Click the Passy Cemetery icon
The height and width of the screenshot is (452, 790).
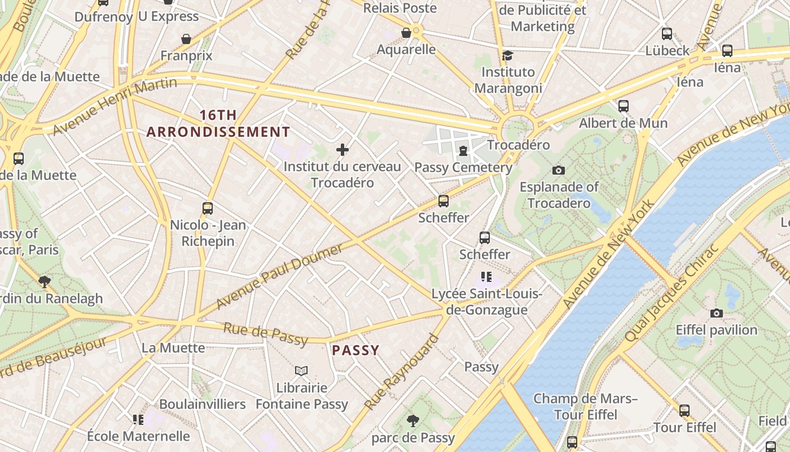pos(463,150)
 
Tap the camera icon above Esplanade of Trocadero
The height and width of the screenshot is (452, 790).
pos(559,170)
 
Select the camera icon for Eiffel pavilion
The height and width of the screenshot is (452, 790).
pos(716,313)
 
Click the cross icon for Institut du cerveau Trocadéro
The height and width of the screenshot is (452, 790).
pos(342,150)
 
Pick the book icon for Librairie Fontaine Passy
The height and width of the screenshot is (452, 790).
pos(301,371)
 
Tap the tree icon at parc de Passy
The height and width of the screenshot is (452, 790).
pos(413,420)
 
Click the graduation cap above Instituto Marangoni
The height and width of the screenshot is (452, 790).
pos(507,55)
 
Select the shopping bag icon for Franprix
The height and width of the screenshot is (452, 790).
pos(186,39)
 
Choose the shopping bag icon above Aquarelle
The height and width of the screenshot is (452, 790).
pos(406,33)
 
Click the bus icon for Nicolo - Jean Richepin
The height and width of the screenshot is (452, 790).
pos(208,208)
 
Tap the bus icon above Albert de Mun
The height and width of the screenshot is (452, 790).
pos(623,106)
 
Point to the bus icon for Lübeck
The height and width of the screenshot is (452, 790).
pos(667,33)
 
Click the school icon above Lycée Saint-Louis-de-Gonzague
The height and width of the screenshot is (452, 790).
pos(486,277)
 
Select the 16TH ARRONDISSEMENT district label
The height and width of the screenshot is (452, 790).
pos(218,124)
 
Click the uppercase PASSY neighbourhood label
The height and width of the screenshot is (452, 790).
pos(355,350)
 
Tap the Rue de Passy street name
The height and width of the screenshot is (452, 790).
pos(265,334)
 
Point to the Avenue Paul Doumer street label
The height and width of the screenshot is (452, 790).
pos(279,277)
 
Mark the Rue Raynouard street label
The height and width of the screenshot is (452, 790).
pos(402,372)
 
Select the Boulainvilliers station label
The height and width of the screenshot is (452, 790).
pos(202,405)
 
